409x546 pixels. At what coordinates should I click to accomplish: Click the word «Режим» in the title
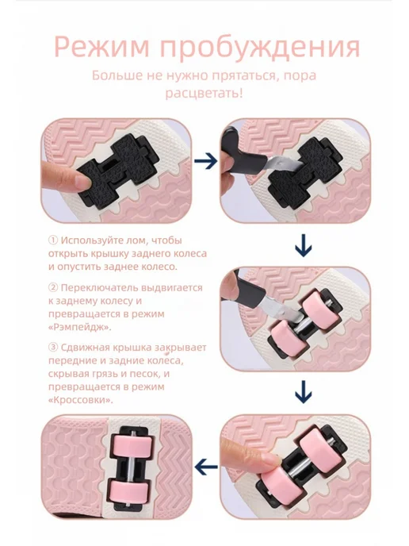point(102,47)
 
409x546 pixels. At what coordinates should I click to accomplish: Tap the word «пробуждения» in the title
point(260,47)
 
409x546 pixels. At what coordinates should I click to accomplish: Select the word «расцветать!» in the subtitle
point(204,94)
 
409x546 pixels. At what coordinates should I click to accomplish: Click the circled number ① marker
point(53,240)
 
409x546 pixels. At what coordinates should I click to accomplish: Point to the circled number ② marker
point(53,287)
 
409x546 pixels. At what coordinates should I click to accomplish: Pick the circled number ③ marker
point(53,348)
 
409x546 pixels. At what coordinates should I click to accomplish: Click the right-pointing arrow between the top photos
point(205,161)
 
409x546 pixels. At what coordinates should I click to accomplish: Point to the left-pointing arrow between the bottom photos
point(207,467)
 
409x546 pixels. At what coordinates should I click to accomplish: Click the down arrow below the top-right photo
point(304,246)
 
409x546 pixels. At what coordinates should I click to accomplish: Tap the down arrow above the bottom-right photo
point(304,392)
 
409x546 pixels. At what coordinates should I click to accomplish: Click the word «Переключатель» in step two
point(100,288)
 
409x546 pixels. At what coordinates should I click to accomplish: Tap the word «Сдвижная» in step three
point(84,348)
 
